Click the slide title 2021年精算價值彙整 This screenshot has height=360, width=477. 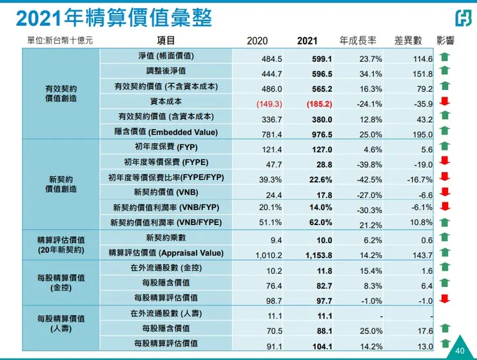pos(113,17)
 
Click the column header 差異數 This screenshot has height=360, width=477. pos(408,41)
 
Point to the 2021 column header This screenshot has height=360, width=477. pos(308,41)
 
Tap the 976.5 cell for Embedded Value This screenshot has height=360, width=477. pos(320,132)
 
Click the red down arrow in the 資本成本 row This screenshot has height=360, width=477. pos(444,101)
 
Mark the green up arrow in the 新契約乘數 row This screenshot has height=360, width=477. pos(444,237)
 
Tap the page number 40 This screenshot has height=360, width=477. pos(459,350)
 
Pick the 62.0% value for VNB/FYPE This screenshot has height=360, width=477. pos(320,223)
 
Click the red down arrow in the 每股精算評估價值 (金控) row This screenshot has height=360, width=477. pos(444,298)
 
